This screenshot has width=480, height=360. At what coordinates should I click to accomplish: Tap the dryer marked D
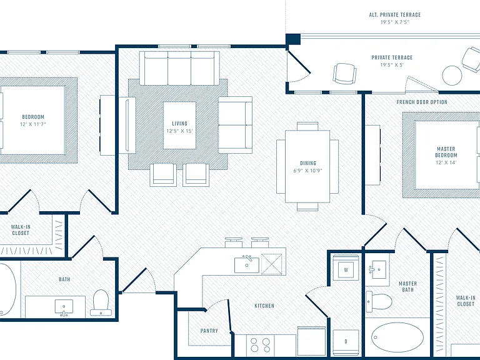(x=346, y=342)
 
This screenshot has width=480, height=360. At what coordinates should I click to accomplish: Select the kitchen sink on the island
(x=247, y=264)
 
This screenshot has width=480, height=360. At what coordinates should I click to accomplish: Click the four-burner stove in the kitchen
(x=261, y=345)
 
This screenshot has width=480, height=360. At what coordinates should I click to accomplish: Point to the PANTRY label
(x=209, y=331)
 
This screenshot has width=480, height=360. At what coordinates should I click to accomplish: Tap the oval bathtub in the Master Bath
(x=397, y=337)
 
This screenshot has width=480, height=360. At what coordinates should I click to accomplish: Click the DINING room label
(x=308, y=163)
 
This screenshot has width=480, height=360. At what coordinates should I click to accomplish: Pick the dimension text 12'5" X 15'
(x=179, y=131)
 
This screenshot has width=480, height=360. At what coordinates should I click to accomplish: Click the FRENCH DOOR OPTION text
(x=422, y=102)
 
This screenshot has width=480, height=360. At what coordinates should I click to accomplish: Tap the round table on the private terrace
(x=452, y=76)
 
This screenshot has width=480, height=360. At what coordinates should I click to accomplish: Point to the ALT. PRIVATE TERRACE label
(x=395, y=15)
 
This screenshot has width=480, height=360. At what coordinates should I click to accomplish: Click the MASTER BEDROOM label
(x=446, y=152)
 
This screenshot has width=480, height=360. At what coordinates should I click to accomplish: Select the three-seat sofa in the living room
(x=179, y=68)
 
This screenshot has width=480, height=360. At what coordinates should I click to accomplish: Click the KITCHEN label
(x=264, y=306)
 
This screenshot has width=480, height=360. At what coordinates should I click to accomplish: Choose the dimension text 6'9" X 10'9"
(x=308, y=171)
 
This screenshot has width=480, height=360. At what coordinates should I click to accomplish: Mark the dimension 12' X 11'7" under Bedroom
(x=33, y=124)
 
